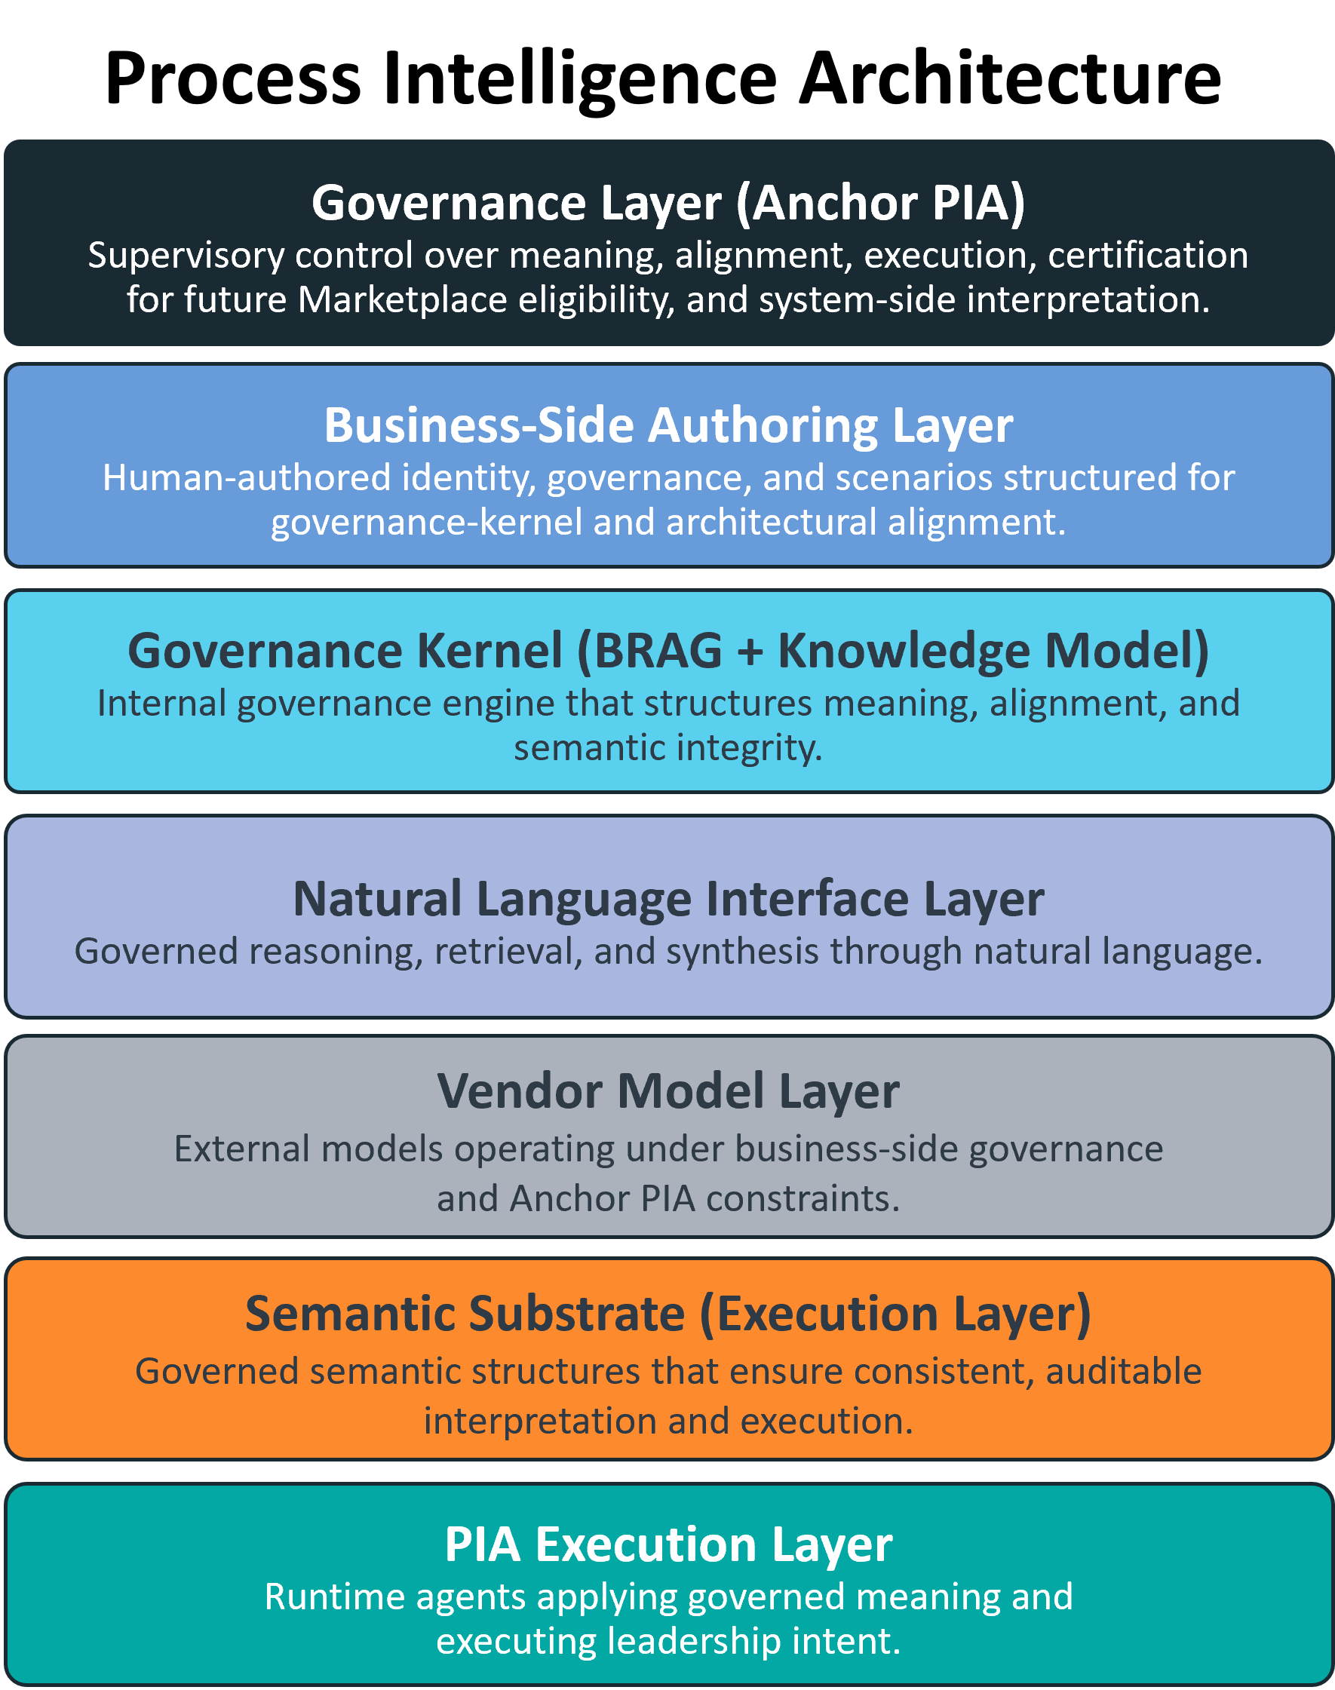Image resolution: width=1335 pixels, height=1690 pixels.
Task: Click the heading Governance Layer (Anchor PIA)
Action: [x=667, y=203]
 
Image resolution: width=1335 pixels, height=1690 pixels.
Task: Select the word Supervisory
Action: [x=186, y=256]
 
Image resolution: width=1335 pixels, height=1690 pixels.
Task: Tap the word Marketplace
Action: [x=403, y=300]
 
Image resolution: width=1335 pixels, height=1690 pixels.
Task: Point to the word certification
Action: [x=1147, y=256]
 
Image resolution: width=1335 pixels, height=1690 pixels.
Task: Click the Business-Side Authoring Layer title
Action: [x=667, y=426]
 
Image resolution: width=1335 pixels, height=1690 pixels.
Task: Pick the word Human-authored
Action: [x=246, y=478]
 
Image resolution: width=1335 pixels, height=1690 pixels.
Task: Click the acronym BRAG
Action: [x=659, y=651]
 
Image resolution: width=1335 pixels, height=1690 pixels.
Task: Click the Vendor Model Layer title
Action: [x=667, y=1091]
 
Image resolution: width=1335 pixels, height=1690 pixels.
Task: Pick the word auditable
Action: [x=1123, y=1372]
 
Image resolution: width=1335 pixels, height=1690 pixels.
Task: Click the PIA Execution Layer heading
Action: [x=667, y=1545]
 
